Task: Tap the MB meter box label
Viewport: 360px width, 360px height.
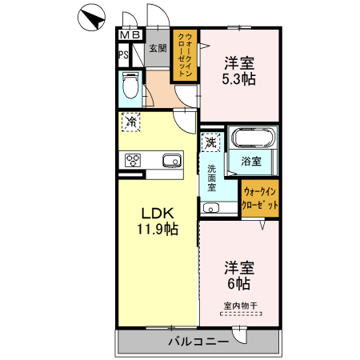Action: (x=130, y=35)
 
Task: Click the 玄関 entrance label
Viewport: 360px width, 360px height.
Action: (x=157, y=49)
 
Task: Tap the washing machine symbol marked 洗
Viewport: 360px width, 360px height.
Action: (x=210, y=143)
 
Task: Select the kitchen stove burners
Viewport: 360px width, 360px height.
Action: (x=132, y=160)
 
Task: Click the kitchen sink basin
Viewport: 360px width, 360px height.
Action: (x=172, y=161)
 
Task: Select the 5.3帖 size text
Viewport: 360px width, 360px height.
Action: (x=239, y=78)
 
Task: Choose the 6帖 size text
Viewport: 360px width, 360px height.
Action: (x=239, y=283)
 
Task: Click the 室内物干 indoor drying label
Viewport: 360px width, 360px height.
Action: (x=239, y=305)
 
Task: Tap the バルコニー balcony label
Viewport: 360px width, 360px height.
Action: (x=198, y=341)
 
